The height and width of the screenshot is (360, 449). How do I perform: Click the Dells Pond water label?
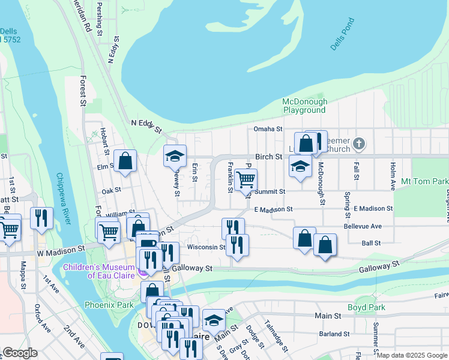click(343, 34)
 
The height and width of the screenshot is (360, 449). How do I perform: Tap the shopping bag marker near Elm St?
click(125, 161)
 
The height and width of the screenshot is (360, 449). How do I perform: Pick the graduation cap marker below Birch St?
click(300, 166)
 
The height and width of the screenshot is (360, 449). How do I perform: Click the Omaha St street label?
click(268, 129)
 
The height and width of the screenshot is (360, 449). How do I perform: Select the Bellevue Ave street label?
click(363, 226)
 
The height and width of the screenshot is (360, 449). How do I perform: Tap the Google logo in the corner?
click(20, 353)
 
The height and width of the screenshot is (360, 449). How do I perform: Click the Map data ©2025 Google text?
click(411, 355)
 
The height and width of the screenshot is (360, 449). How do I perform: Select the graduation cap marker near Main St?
click(213, 319)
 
